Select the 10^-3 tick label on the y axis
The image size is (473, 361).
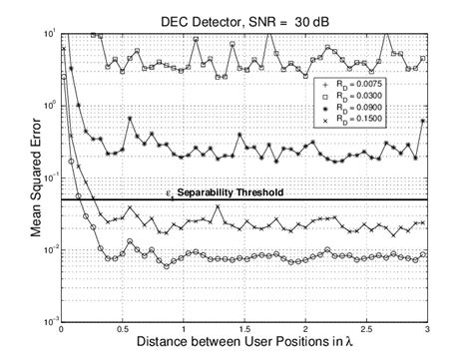(48, 321)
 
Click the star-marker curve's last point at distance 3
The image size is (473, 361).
(426, 122)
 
